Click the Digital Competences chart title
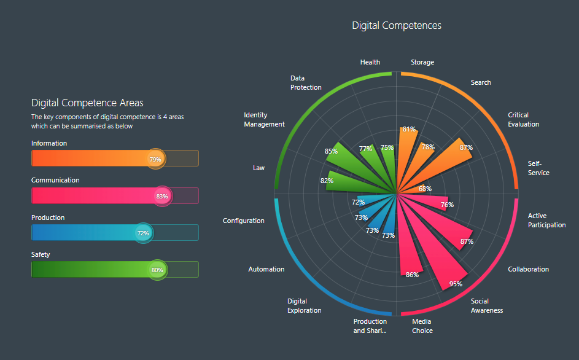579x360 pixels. point(396,25)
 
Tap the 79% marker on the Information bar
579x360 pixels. point(155,158)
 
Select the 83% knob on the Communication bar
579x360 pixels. point(162,196)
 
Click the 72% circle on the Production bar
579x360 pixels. point(143,233)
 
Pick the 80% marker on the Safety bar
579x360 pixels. point(157,270)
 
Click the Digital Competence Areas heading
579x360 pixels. point(87,103)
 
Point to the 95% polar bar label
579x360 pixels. point(456,284)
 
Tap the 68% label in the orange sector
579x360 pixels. point(425,189)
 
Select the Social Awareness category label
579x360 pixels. point(487,305)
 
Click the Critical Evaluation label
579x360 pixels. point(523,119)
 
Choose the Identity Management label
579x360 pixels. point(264,119)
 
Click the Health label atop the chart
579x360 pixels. point(370,62)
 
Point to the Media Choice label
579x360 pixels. point(422,326)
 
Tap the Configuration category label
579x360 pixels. point(244,221)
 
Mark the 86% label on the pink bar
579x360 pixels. point(412,275)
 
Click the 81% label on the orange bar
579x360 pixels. point(409,129)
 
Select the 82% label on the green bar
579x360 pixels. point(327,181)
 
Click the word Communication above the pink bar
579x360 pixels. point(55,180)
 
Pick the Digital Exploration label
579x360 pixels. point(304,305)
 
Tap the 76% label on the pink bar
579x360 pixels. point(447,205)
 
